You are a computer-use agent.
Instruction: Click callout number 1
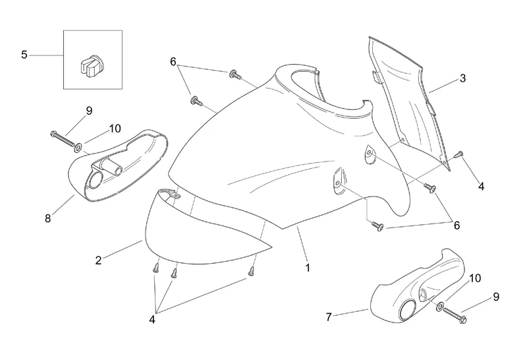tap(307, 268)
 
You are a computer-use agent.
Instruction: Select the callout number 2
tap(98, 260)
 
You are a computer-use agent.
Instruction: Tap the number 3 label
tap(463, 78)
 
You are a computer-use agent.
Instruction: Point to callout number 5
tap(24, 55)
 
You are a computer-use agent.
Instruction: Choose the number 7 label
tap(329, 318)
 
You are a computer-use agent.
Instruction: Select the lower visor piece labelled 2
tap(198, 231)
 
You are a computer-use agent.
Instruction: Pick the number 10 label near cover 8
tap(116, 127)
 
